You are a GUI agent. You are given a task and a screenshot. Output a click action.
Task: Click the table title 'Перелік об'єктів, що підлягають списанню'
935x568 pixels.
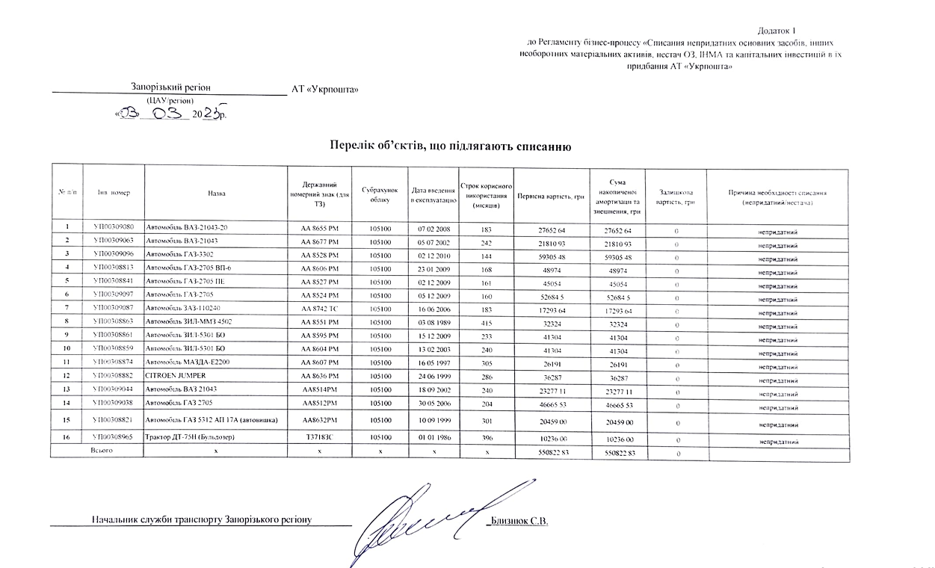tap(451, 146)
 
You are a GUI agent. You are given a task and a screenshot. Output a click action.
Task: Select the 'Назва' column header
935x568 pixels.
tap(217, 194)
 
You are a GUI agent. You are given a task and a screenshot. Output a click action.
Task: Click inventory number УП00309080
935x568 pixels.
tap(114, 226)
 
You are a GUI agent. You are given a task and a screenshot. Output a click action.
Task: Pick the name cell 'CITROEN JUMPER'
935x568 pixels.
tap(176, 375)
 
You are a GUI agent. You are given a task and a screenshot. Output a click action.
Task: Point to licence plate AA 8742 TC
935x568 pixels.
tap(319, 308)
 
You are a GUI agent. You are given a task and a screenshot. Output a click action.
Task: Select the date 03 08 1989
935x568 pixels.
tap(433, 321)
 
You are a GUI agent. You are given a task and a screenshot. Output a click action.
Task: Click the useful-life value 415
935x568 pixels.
tap(486, 321)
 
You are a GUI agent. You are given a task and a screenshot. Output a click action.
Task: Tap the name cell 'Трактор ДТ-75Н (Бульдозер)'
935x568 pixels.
tap(195, 437)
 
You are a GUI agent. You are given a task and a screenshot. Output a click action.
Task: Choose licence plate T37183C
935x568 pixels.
tap(319, 437)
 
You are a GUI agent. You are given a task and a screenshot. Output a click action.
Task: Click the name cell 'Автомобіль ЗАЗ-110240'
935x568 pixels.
tap(183, 308)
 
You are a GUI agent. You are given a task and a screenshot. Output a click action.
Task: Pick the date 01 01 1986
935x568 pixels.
tap(433, 437)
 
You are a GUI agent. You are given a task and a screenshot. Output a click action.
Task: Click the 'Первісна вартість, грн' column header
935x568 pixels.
tap(550, 197)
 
